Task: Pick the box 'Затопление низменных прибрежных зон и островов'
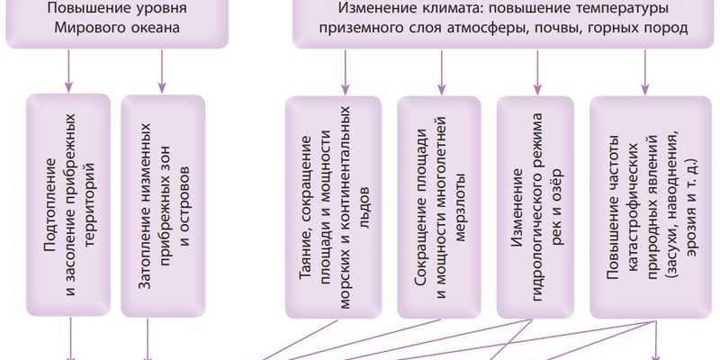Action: [x=162, y=207]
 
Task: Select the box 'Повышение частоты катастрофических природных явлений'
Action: [x=644, y=207]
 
